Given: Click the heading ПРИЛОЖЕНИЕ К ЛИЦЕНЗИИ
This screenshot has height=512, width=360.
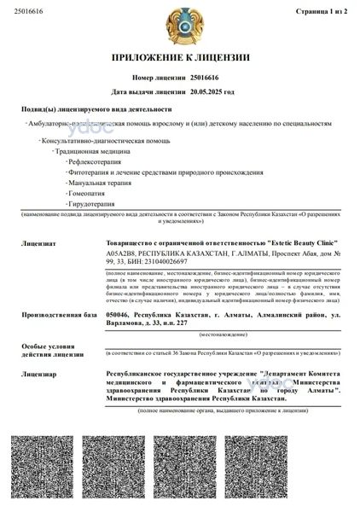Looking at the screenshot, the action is pyautogui.click(x=180, y=58).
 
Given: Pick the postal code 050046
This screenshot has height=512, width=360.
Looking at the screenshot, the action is pyautogui.click(x=119, y=315).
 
